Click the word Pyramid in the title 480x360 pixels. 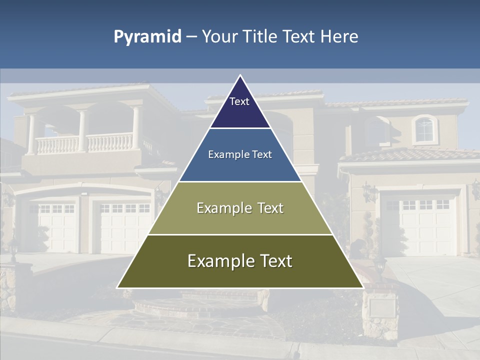(147, 37)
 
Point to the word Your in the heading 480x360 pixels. (220, 37)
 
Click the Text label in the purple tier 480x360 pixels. (239, 101)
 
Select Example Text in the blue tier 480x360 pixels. (240, 154)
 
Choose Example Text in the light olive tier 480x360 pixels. (240, 208)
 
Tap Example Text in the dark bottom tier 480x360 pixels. (240, 261)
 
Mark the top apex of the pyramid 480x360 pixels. (240, 75)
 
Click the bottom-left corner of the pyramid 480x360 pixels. (117, 287)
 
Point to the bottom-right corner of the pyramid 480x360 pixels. (363, 287)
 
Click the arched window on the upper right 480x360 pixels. (424, 129)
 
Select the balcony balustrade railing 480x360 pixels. (85, 143)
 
